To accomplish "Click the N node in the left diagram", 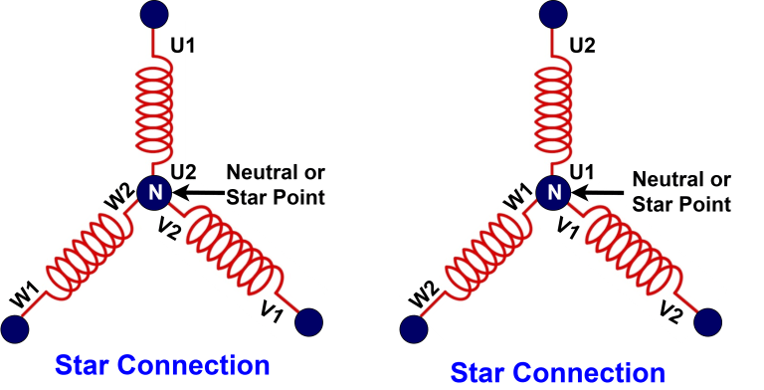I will point(153,192).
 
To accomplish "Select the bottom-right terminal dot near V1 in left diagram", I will point(310,323).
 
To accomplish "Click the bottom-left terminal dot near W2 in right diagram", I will point(410,326).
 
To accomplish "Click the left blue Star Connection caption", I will point(162,365).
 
